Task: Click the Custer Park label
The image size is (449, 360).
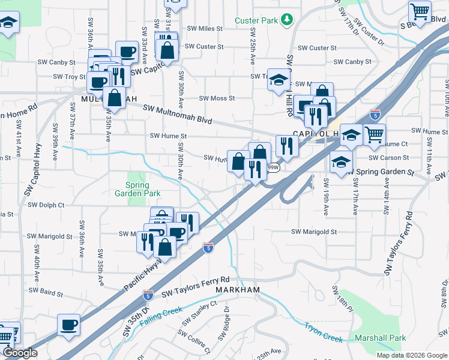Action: (x=256, y=20)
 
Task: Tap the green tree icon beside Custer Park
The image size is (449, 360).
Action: (x=287, y=20)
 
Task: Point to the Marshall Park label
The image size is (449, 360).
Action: (x=380, y=338)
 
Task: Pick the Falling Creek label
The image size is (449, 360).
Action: (x=160, y=316)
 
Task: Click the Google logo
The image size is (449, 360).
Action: (x=20, y=353)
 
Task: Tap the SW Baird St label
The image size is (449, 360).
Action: (x=44, y=294)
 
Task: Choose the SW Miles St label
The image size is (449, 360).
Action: (x=204, y=28)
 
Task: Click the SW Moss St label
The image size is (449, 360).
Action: (x=217, y=98)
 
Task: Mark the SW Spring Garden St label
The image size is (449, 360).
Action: (x=385, y=172)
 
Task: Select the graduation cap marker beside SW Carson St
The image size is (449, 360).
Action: (x=341, y=163)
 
